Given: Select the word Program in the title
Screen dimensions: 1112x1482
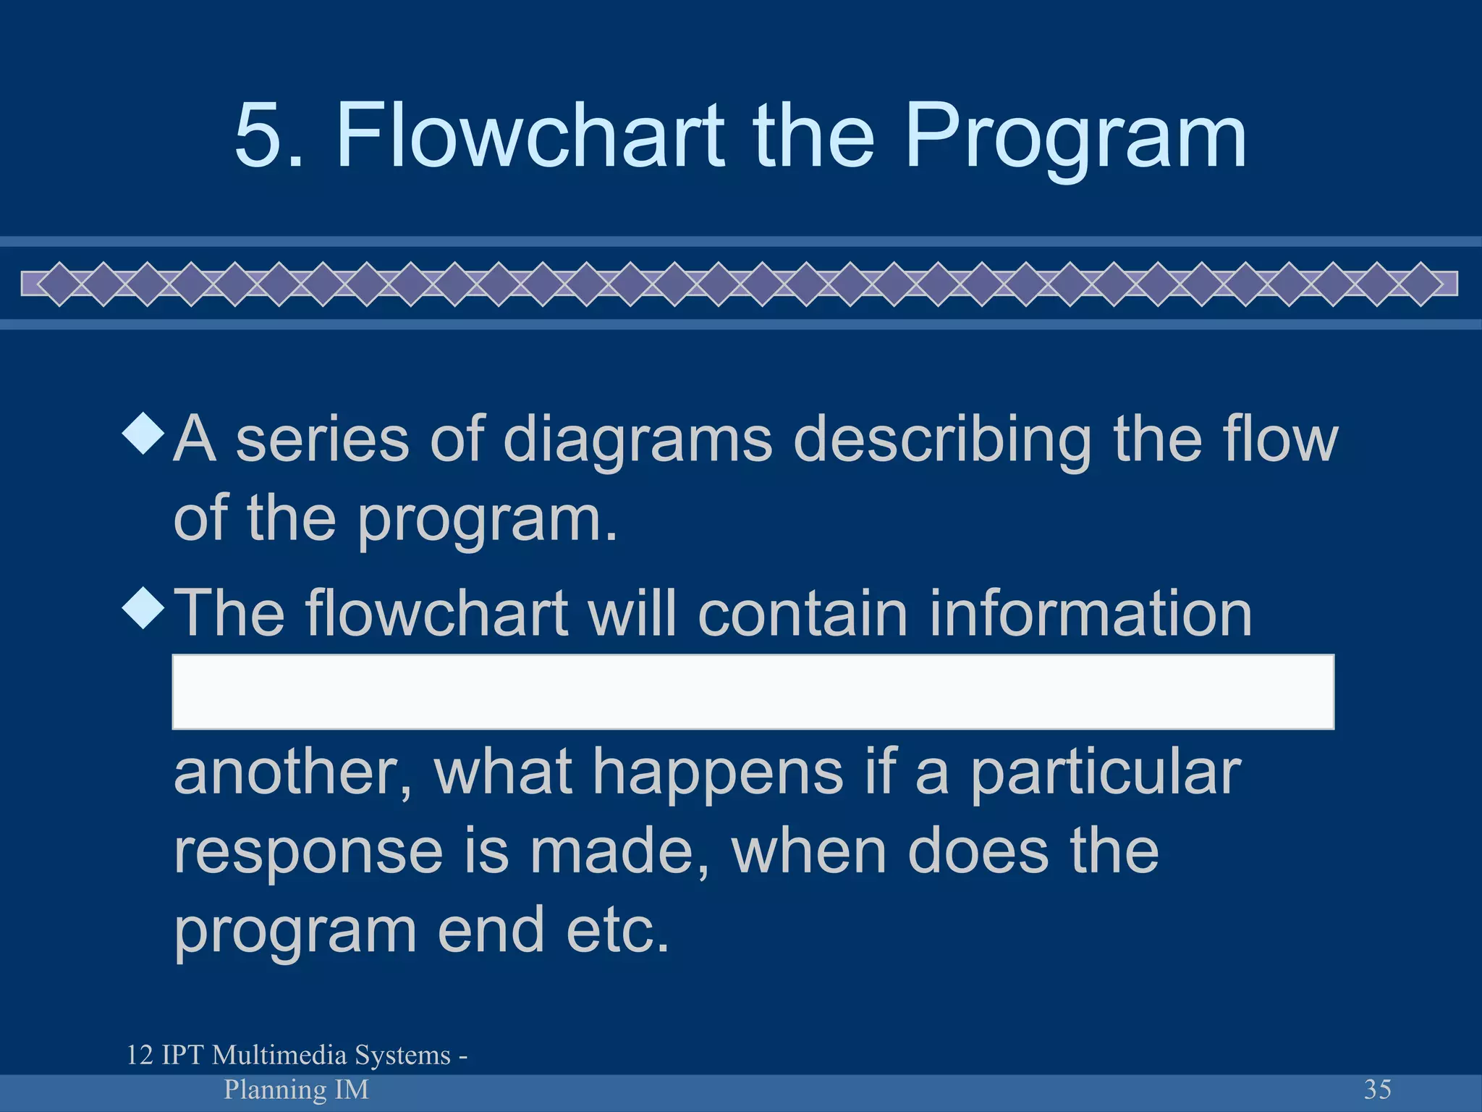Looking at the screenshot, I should point(1075,138).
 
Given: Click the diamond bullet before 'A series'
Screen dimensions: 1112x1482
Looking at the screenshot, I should point(145,434).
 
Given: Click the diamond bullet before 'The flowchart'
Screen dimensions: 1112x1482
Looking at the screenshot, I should point(145,607).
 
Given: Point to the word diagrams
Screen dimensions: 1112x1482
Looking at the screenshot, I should point(638,440).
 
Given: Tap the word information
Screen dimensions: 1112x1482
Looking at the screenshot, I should point(1090,613).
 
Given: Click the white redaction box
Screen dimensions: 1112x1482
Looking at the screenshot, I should point(753,691).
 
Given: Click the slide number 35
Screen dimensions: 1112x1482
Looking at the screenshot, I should point(1377,1089).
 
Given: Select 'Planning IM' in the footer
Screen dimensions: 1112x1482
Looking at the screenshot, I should point(296,1089).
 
